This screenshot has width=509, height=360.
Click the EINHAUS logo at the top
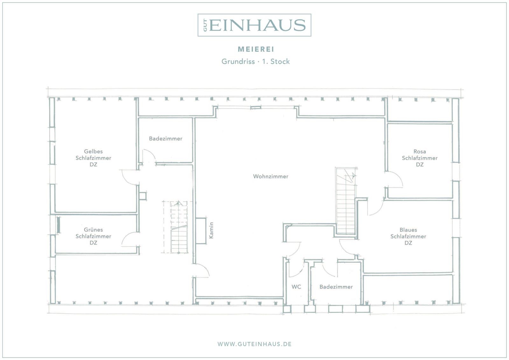click(254, 25)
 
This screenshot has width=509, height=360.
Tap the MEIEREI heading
click(256, 49)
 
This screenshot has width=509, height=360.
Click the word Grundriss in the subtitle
click(238, 61)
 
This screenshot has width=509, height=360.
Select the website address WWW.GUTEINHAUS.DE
click(254, 344)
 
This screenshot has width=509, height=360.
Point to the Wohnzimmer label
click(271, 176)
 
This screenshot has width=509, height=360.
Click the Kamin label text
click(211, 230)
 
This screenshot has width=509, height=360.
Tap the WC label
click(296, 287)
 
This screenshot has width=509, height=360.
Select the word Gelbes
click(94, 152)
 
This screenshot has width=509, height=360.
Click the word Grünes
click(94, 230)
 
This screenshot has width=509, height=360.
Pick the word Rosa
click(420, 152)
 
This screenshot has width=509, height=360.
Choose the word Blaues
click(408, 230)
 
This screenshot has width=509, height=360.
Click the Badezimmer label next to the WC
click(336, 287)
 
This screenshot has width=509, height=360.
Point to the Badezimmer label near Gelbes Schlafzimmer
click(166, 138)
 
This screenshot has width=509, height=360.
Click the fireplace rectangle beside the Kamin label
click(201, 231)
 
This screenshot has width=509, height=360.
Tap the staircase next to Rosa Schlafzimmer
click(345, 201)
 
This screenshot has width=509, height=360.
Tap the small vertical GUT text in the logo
click(205, 25)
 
